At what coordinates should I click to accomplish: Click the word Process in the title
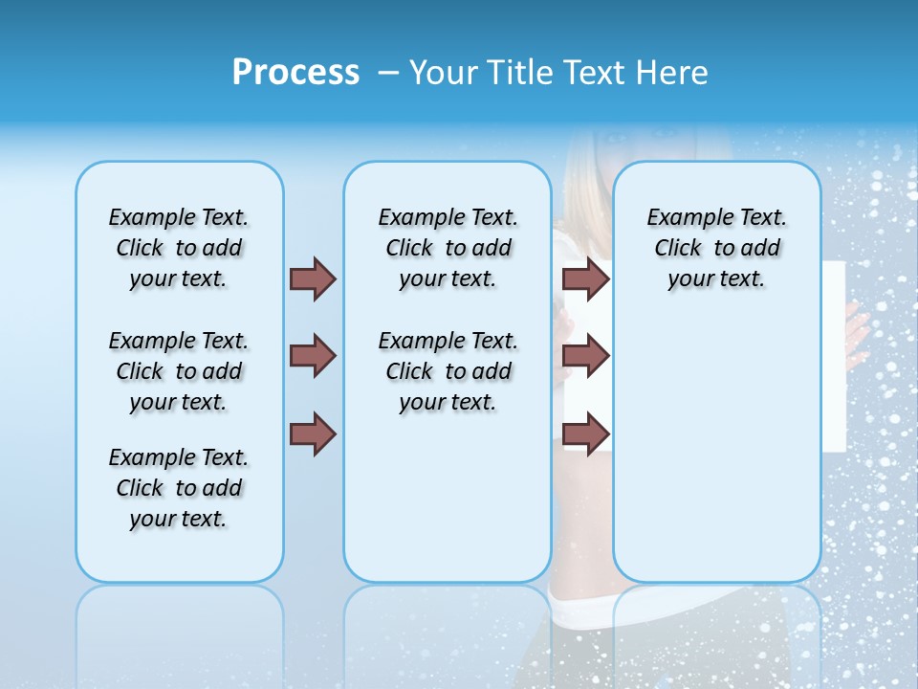[295, 73]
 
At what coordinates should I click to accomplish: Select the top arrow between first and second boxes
[313, 278]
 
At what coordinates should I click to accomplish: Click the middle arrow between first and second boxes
[313, 356]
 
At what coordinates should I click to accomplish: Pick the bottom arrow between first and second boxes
[313, 434]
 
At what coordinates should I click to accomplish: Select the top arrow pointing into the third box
[585, 278]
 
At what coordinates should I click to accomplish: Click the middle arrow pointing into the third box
[585, 356]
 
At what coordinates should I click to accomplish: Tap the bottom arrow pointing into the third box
[585, 434]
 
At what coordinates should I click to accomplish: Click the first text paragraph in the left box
[179, 248]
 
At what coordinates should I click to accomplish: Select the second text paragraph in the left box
[179, 371]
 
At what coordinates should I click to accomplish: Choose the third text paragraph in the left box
[179, 488]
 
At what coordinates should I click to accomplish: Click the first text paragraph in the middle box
[448, 248]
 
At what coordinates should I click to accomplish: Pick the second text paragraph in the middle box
[448, 371]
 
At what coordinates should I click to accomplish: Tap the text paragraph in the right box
[717, 248]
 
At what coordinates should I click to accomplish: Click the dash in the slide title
[388, 73]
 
